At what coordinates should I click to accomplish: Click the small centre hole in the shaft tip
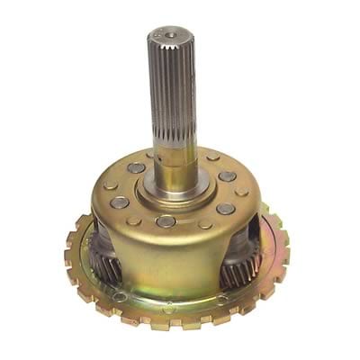tap(170, 35)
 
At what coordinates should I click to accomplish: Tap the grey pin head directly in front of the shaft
tap(166, 221)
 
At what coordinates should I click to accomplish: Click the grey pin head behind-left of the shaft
tap(136, 168)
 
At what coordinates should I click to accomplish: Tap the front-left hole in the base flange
tap(119, 296)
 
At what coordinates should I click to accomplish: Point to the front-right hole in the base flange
tap(221, 299)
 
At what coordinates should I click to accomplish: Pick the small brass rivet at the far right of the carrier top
tap(242, 192)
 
